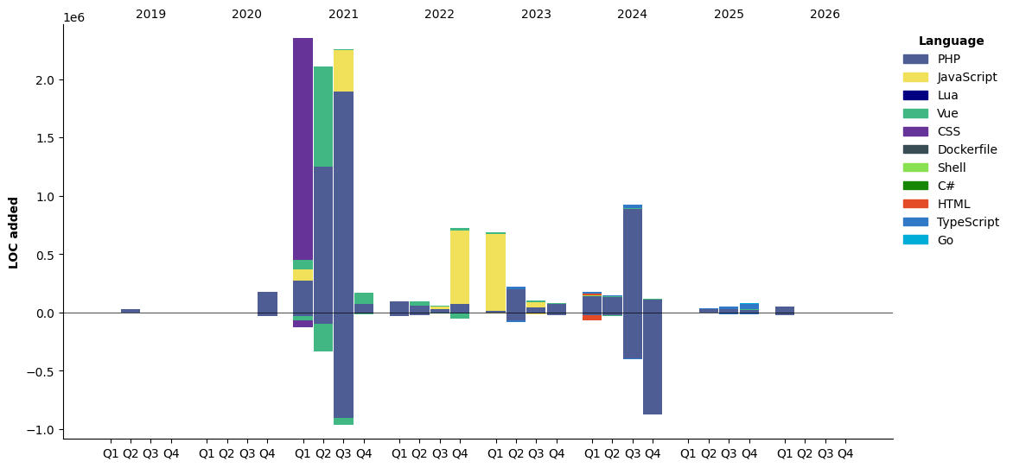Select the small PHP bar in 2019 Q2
pos(131,310)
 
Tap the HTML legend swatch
pos(915,204)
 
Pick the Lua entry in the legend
pos(947,95)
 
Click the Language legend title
pos(951,41)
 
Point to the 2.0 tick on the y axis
pos(45,80)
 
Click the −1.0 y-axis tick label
pos(41,430)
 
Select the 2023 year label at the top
pos(536,15)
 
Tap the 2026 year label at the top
pos(825,15)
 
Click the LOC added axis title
pos(14,232)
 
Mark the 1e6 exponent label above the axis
pos(73,18)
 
